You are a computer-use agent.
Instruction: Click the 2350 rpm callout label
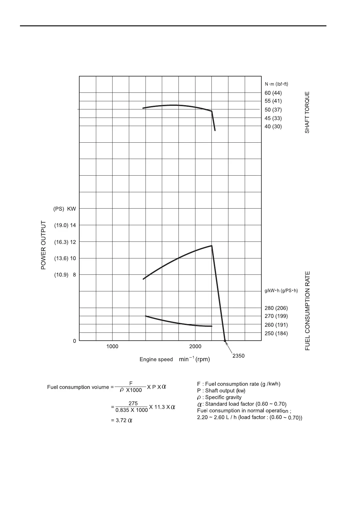point(238,356)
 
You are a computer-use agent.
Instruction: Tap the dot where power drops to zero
point(225,341)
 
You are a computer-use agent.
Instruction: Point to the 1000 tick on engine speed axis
point(112,346)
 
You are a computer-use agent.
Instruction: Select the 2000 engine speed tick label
point(195,346)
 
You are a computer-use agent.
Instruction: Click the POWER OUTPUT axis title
point(44,245)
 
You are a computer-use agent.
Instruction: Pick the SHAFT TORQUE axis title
point(307,112)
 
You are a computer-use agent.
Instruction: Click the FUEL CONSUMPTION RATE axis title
point(308,311)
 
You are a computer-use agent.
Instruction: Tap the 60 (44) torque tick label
point(273,93)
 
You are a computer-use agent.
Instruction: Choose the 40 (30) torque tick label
point(273,127)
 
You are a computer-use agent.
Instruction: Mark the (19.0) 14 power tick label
point(65,225)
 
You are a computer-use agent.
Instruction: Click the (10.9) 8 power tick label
point(65,275)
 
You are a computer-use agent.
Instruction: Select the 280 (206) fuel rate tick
point(276,308)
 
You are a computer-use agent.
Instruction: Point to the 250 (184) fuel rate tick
point(276,333)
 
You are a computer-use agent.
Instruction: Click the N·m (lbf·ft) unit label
point(277,84)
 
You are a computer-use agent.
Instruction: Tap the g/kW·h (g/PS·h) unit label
point(281,291)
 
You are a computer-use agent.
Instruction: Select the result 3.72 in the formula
point(121,420)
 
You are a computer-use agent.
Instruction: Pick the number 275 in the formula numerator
point(133,403)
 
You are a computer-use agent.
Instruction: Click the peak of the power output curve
point(211,246)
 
